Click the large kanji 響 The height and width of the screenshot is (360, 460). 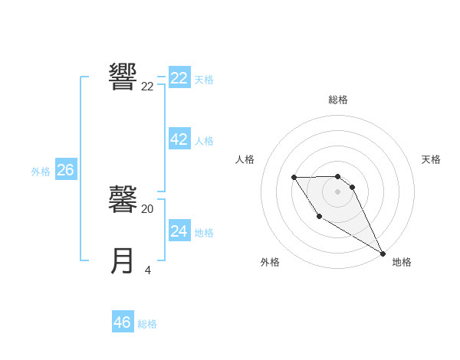[123, 77]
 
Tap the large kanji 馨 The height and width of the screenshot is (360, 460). [123, 199]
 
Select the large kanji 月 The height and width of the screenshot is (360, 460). [123, 260]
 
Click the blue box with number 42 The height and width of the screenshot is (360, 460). [179, 139]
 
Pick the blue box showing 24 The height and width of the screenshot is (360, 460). [179, 231]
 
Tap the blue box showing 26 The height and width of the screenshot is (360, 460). [65, 170]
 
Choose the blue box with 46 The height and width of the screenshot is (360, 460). [123, 322]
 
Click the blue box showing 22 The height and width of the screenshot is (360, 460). [179, 78]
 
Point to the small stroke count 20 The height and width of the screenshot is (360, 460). [148, 208]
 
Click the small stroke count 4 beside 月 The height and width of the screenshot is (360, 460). [147, 270]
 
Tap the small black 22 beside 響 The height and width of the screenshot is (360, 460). [148, 87]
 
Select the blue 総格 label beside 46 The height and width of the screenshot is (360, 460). [147, 324]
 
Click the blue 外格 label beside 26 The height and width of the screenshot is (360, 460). [41, 172]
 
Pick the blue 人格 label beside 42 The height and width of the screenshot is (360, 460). [204, 141]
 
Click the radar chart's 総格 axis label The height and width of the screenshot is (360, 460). [338, 100]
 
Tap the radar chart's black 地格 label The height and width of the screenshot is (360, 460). [402, 262]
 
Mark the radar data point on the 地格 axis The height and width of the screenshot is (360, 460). [383, 253]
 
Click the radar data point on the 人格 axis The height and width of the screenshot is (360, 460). [294, 178]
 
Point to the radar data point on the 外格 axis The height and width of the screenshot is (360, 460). [319, 217]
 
